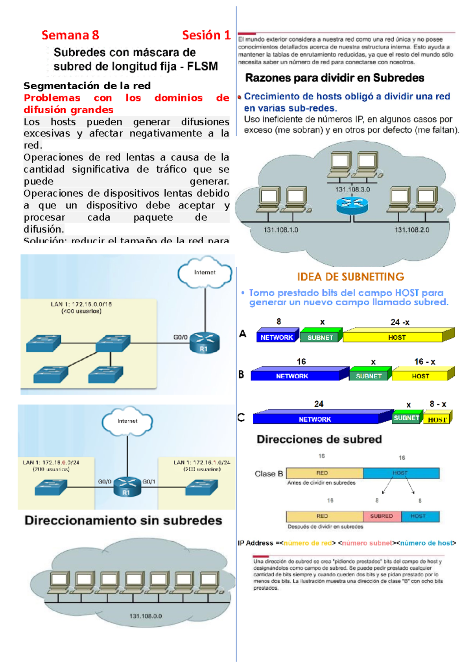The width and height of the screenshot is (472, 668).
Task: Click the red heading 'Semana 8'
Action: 70,35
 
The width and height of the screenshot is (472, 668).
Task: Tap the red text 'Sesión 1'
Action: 206,35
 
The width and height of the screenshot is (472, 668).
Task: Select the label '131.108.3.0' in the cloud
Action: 352,189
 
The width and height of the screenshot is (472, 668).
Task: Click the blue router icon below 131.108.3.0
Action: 352,205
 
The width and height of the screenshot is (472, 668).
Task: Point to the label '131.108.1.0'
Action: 281,230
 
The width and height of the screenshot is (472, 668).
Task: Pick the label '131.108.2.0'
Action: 412,230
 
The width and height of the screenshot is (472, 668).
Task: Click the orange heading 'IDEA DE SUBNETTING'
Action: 350,277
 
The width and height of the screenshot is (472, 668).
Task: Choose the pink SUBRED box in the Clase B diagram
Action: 381,516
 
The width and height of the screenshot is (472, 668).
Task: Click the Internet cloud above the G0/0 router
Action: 205,273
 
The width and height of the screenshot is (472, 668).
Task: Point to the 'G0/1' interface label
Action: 149,482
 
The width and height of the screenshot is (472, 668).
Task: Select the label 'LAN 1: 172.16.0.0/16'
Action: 81,304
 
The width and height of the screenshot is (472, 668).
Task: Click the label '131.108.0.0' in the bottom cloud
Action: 146,616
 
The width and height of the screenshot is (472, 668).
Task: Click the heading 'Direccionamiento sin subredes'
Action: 123,520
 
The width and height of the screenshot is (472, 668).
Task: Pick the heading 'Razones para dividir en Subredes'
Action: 334,78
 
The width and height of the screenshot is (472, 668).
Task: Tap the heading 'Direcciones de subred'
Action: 319,439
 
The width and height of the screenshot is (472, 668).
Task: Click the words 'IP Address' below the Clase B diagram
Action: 255,543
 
